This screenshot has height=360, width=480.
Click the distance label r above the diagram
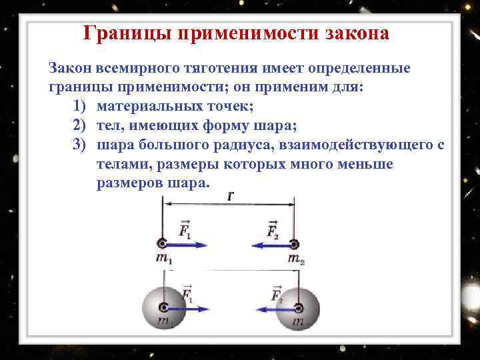point(230,197)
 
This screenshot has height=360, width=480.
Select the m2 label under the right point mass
point(297,259)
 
